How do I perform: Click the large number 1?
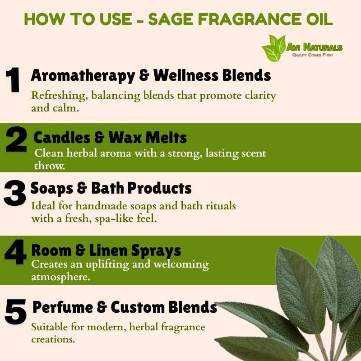coord(13,80)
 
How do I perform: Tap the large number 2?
coord(16,139)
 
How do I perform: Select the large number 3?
coord(15,193)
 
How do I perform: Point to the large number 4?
coord(15,252)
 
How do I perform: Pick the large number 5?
coord(16,312)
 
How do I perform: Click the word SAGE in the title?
coord(171,19)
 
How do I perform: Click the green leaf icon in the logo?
coord(274,48)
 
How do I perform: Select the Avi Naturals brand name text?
coord(314,47)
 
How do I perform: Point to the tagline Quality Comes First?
coord(312,55)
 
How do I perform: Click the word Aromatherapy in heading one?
coord(83,76)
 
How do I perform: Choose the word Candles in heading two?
coord(62,138)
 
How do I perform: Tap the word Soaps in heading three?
coord(52,189)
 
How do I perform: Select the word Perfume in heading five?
coord(63,307)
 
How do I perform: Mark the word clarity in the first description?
coord(260,96)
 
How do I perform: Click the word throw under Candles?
coord(50,166)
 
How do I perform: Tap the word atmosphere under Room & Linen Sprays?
coord(60,277)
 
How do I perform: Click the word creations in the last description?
coord(53,339)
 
